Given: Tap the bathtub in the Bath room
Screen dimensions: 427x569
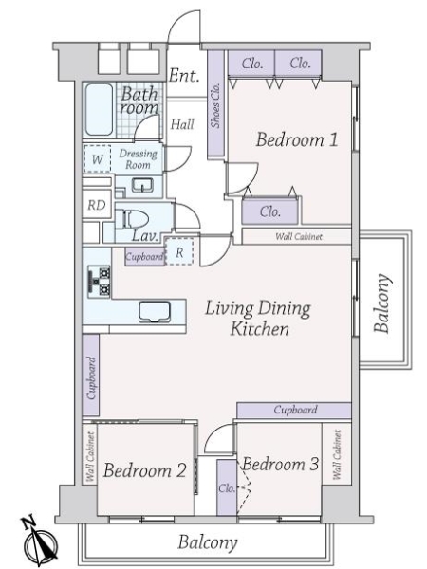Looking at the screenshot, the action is point(99,110).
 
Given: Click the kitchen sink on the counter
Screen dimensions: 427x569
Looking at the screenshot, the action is point(155,312).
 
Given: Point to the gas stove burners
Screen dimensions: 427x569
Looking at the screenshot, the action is point(99,282).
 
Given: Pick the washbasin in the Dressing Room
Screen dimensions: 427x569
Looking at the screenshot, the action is point(142,185).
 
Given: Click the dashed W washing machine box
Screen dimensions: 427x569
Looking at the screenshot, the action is point(98,158).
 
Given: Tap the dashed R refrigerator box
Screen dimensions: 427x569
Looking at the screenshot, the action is point(179,251).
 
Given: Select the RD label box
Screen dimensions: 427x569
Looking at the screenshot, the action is point(97,205).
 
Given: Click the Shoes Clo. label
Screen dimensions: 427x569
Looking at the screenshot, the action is point(215,105).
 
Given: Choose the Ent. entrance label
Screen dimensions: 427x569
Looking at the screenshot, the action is point(184,75).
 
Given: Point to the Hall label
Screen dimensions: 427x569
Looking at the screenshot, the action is point(182,124).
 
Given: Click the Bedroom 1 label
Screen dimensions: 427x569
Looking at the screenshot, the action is point(297,139).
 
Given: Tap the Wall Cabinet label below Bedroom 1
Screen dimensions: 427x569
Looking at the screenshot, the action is point(299,236).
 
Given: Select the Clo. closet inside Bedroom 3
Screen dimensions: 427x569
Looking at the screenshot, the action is point(227,487).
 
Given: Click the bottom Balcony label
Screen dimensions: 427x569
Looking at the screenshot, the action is point(208,542).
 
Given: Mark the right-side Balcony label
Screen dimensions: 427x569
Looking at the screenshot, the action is point(382,303).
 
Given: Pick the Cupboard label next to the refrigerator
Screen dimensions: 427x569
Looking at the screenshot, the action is point(144,257).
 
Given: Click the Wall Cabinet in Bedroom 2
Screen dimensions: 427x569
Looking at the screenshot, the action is point(90,456).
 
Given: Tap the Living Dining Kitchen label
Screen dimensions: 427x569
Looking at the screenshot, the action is point(258,319).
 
